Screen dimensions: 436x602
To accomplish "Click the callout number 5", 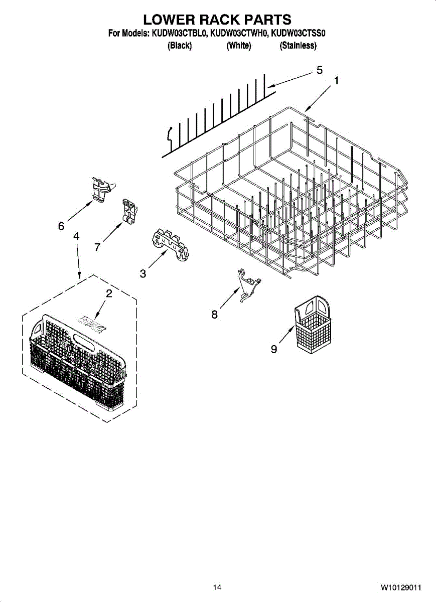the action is pos(319,71).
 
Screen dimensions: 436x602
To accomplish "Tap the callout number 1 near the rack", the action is pos(336,80).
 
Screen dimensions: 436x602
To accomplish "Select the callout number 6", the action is pos(61,226).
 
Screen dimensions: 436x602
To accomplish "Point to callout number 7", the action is pos(97,246).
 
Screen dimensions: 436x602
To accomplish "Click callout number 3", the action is pos(143,274).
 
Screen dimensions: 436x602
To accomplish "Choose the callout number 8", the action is pos(214,315).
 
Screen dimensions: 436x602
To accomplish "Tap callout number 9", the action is pos(274,349).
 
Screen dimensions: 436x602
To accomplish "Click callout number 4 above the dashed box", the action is pos(76,236).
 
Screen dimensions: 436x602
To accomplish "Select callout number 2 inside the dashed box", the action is pos(109,294).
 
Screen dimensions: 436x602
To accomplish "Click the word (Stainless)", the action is pos(298,46).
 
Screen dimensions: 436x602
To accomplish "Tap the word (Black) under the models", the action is pos(180,46).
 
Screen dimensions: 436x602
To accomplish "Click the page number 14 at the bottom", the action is pos(217,587).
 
